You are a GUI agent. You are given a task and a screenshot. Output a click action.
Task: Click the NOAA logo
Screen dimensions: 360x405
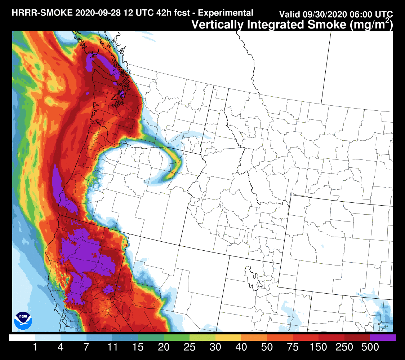[23, 320]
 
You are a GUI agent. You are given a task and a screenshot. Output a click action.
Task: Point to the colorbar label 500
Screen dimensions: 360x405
[370, 348]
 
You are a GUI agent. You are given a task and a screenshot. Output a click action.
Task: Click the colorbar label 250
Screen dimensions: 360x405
[344, 348]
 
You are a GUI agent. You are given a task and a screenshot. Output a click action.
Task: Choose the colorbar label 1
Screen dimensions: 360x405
[35, 348]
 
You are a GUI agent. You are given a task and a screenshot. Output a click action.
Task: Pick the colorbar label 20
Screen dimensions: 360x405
[164, 348]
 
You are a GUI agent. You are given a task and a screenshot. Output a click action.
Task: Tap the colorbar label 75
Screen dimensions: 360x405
[293, 348]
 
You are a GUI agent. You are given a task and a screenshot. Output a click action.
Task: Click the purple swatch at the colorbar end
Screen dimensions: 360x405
[383, 338]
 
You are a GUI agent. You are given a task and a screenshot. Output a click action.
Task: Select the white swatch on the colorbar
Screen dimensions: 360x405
[22, 338]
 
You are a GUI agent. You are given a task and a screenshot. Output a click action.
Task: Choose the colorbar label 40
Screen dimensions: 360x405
[241, 348]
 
